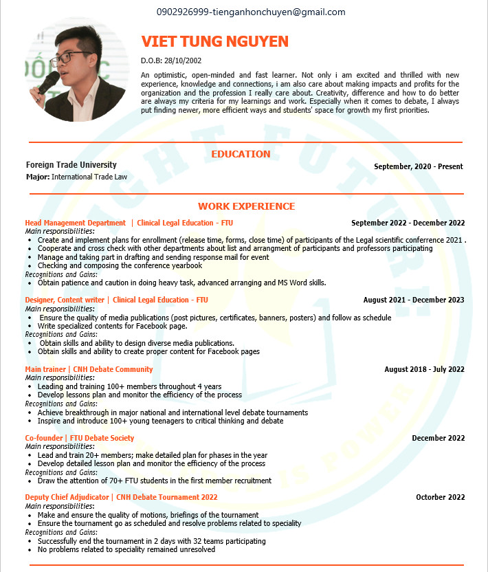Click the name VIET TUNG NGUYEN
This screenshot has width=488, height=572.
[214, 42]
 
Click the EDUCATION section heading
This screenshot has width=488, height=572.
[241, 154]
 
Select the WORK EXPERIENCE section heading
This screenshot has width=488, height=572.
[246, 206]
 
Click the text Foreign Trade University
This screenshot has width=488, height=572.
[71, 165]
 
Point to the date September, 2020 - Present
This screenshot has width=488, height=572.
[418, 166]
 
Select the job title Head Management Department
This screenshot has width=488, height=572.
[76, 223]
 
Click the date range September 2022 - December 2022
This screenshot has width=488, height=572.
[408, 223]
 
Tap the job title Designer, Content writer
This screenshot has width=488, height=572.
[65, 300]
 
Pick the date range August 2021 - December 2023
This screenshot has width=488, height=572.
[413, 300]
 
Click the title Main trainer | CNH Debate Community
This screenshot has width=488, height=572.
[89, 369]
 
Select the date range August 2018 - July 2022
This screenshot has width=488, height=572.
[423, 369]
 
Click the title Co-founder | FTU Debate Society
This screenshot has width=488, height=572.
[80, 438]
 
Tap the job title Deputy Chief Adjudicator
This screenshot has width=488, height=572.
[67, 497]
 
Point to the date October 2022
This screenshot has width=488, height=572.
[440, 497]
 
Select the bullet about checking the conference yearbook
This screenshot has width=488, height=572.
[120, 265]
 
